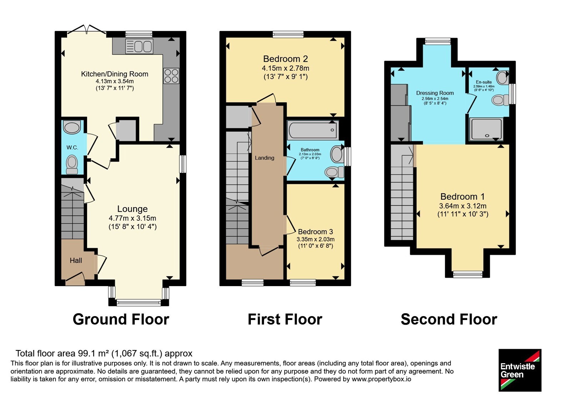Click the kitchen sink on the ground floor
click(x=139, y=46)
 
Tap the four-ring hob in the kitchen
click(x=171, y=76)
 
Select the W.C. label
click(x=72, y=147)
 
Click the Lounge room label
click(x=132, y=209)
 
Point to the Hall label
click(x=76, y=260)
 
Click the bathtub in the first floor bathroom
click(x=313, y=130)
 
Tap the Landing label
click(x=264, y=158)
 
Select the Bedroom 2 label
click(x=285, y=59)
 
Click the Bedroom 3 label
click(x=315, y=232)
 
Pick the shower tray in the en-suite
click(x=486, y=129)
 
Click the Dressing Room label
click(x=435, y=93)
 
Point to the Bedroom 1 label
click(x=463, y=197)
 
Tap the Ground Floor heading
click(x=121, y=319)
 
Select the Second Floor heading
click(x=449, y=319)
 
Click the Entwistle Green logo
click(x=520, y=370)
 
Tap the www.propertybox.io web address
click(x=381, y=379)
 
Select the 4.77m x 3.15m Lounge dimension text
click(x=132, y=218)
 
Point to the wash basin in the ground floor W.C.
click(x=72, y=127)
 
